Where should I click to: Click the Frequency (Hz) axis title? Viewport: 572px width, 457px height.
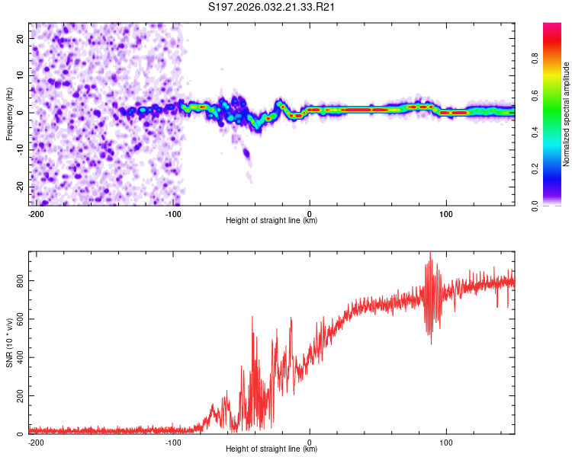coord(9,114)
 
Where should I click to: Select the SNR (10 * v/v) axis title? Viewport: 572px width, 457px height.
coord(9,343)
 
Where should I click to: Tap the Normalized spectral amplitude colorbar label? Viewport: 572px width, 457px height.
coord(567,114)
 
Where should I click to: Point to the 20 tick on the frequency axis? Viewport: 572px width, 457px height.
coord(21,38)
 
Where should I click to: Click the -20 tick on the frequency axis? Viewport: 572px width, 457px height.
coord(20,187)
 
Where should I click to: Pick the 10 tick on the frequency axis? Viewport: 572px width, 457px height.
coord(21,75)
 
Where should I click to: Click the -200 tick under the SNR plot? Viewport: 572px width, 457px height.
coord(35,442)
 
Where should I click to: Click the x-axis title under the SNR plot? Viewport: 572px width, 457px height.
coord(272,449)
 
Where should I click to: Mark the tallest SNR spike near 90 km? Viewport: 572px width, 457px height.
coord(430,254)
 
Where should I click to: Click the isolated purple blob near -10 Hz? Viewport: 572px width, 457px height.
coord(246,153)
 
